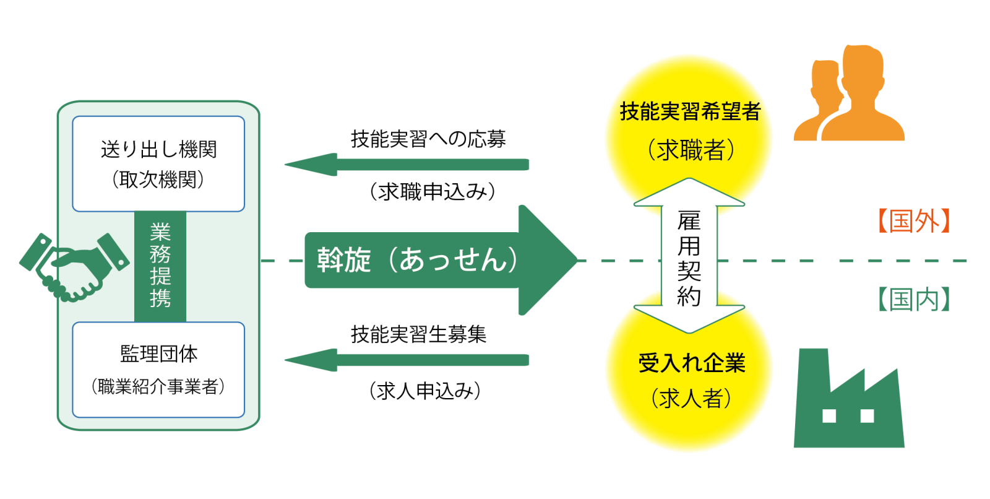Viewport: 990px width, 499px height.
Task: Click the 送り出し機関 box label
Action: coord(158,149)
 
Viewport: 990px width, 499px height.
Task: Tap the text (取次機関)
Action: coord(158,180)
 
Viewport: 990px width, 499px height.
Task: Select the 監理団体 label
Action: coord(158,354)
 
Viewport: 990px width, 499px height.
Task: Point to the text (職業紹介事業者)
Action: coord(158,387)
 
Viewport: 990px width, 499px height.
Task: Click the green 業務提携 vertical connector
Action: coord(160,266)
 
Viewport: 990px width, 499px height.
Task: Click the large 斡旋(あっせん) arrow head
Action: coord(548,260)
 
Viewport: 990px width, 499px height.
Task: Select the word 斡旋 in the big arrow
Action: coord(343,260)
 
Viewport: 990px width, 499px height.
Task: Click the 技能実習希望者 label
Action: coord(690,112)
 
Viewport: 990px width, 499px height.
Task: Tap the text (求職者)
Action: coord(690,150)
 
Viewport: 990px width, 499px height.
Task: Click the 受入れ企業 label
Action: coord(691,363)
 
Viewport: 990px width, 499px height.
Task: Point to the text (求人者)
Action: coord(691,398)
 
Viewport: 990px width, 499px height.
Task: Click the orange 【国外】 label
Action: coord(913,221)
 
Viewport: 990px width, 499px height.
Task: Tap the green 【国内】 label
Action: coord(913,300)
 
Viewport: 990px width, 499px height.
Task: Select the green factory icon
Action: coord(848,402)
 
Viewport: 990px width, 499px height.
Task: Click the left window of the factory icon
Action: coord(829,415)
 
